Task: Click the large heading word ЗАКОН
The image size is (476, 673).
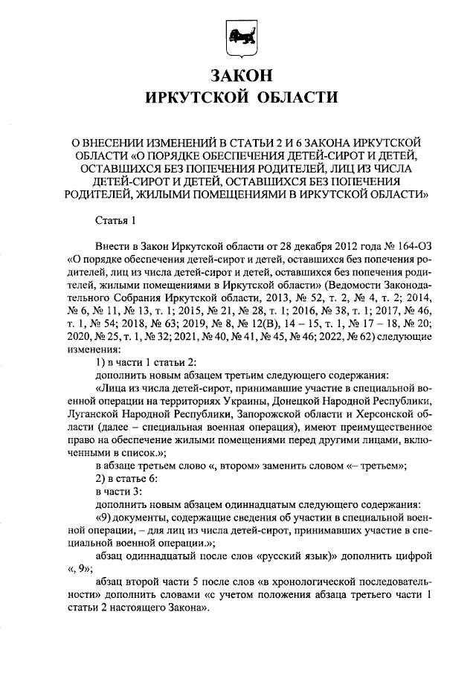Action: (238, 76)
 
